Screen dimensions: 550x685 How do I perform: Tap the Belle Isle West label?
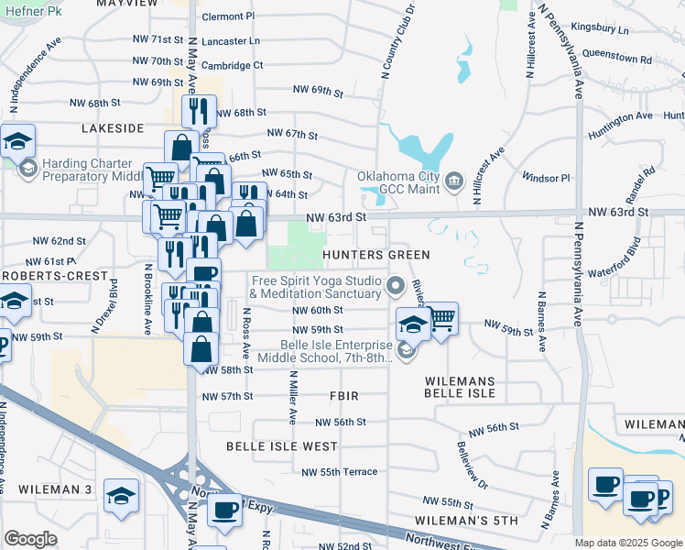(x=282, y=446)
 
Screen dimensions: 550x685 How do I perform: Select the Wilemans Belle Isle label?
(x=460, y=387)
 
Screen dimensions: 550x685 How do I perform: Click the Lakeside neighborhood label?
(x=113, y=128)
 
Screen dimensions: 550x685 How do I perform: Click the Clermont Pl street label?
(x=228, y=16)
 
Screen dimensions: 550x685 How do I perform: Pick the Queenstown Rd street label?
(x=616, y=57)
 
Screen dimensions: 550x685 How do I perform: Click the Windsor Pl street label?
(x=546, y=177)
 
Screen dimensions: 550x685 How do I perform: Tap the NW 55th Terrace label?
(x=339, y=472)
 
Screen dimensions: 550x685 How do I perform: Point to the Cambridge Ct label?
(x=232, y=65)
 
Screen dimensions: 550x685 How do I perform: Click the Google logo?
(x=31, y=539)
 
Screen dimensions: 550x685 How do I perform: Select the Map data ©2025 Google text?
(x=627, y=543)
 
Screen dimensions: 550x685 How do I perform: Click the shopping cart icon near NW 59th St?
(x=441, y=318)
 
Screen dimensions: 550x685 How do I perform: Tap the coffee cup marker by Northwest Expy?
(x=224, y=510)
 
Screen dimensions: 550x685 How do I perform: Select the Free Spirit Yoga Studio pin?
(x=396, y=286)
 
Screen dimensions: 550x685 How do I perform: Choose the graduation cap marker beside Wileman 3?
(x=121, y=496)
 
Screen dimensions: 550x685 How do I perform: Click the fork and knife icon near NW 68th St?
(x=199, y=111)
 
